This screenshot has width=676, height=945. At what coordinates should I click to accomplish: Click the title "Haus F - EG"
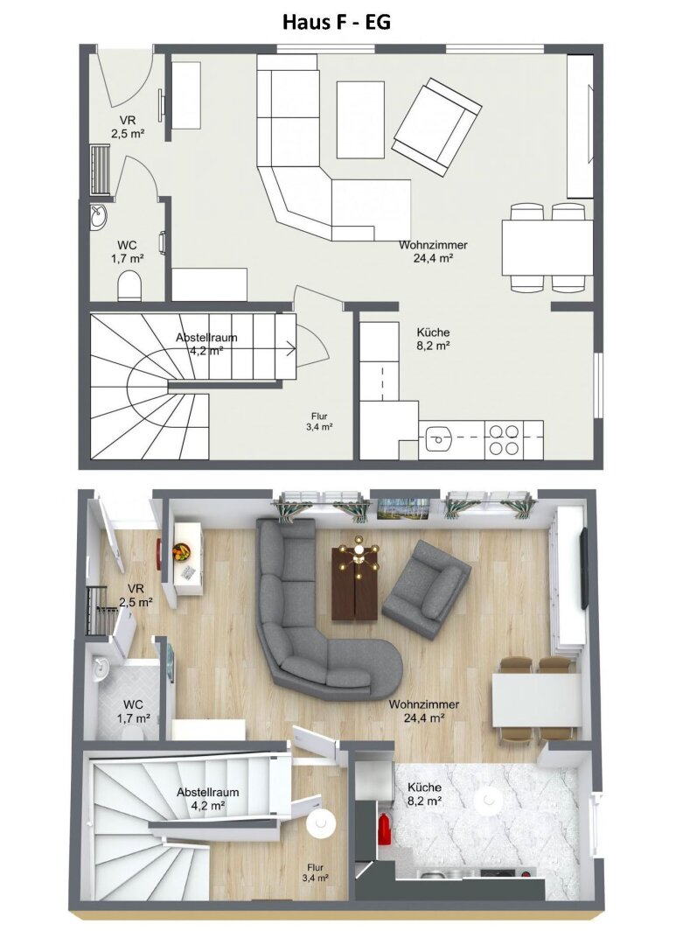coord(336,22)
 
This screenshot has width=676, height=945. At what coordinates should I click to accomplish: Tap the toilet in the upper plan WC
coord(129,284)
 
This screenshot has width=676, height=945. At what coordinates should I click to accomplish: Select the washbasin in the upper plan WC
coord(98,213)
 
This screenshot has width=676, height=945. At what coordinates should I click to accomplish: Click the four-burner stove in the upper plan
coord(503,439)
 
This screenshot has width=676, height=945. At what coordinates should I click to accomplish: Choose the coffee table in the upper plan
coord(360,119)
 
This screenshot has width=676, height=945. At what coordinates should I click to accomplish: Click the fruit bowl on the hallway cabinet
coord(182,551)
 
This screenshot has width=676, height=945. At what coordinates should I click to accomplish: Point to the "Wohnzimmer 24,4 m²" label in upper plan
coord(433,251)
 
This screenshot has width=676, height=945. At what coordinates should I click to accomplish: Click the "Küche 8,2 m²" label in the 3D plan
coord(423,794)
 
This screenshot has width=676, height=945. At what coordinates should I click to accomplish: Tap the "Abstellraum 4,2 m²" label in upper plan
coord(206,343)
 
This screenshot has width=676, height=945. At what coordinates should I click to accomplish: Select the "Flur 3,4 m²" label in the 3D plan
coord(316,871)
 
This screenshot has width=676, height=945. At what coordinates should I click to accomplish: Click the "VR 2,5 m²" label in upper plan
coord(128,127)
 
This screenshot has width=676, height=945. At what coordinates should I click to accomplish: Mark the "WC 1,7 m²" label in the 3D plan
coord(133,710)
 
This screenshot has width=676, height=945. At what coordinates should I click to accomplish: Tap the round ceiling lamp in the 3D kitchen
coord(486,800)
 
